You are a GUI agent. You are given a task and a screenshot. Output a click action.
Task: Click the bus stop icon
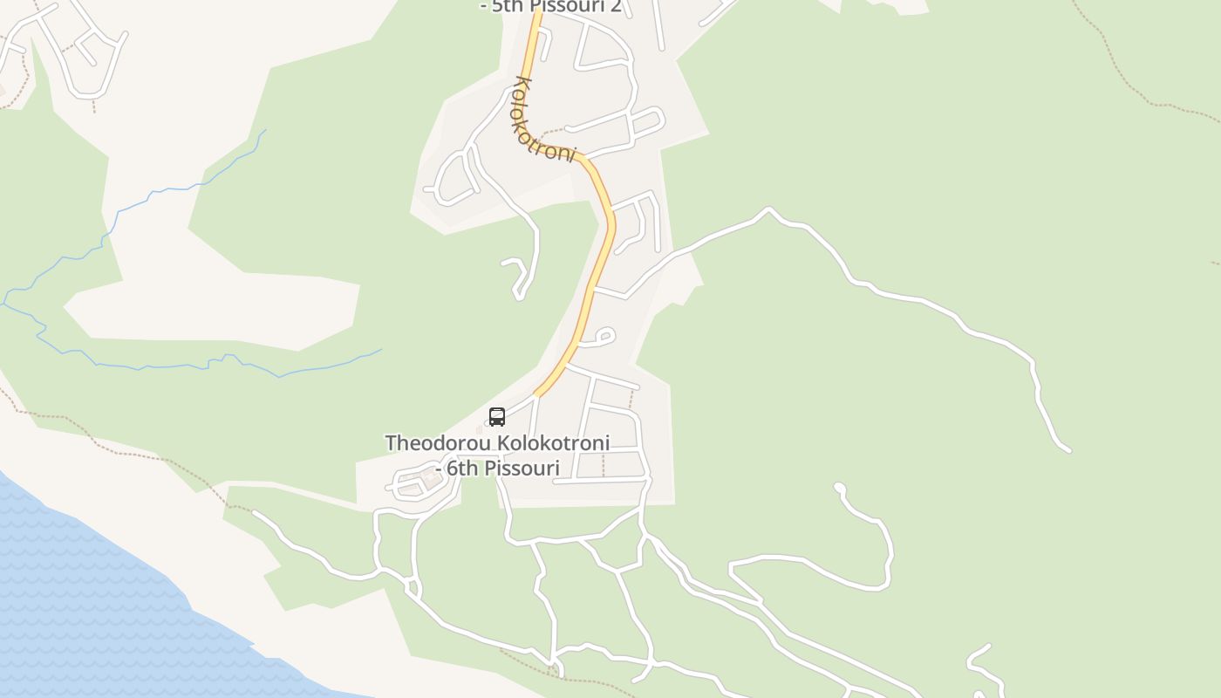[497, 417]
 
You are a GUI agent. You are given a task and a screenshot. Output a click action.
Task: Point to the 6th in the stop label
[462, 469]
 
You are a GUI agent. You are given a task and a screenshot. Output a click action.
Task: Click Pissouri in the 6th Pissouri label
[522, 469]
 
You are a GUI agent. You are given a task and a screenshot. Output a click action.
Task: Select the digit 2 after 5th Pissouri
[616, 6]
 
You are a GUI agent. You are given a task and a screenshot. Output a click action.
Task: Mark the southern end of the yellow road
[537, 394]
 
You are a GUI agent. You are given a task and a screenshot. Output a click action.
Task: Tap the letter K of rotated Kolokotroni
[522, 85]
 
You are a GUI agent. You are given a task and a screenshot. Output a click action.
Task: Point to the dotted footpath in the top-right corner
[1125, 79]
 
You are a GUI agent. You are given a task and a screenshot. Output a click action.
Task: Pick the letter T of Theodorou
[391, 443]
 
